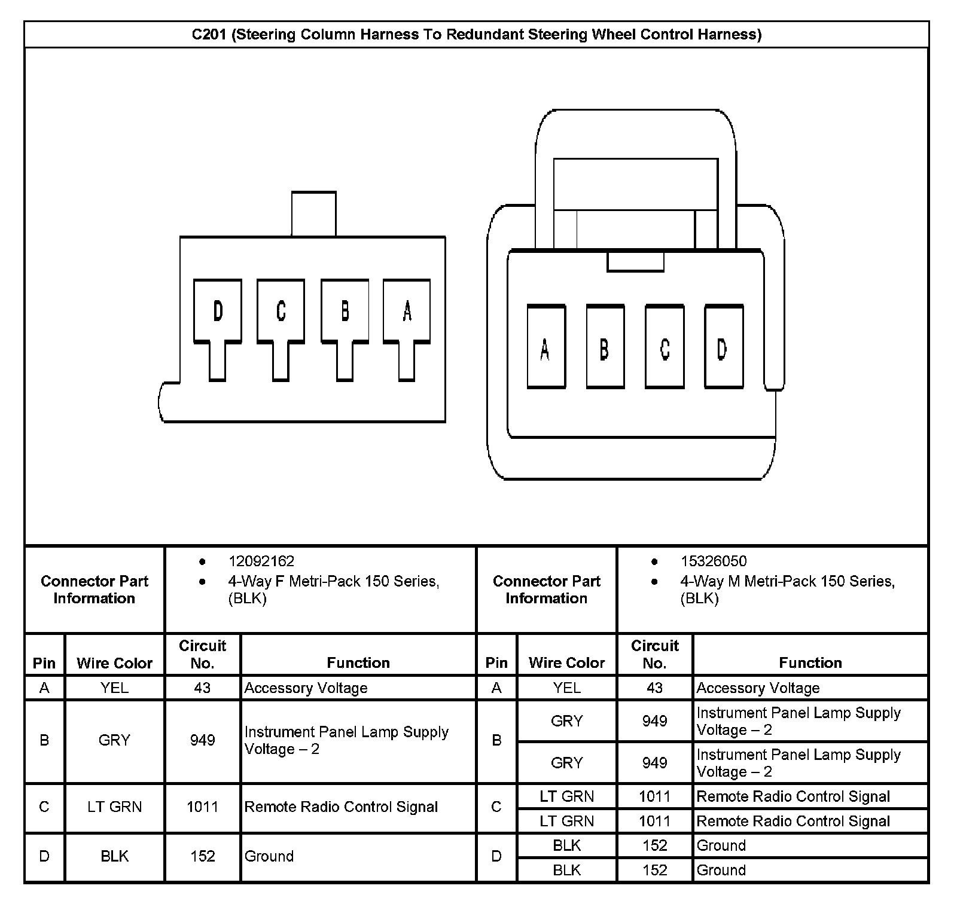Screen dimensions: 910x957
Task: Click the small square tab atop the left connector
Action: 314,213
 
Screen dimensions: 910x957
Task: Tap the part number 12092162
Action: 261,561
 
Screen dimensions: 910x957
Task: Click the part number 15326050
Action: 714,561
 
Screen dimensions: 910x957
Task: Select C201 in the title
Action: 209,35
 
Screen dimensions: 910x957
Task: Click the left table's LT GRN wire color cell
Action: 115,807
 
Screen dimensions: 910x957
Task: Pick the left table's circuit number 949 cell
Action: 202,740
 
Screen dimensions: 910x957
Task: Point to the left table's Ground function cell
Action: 269,856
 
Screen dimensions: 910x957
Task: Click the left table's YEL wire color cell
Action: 115,688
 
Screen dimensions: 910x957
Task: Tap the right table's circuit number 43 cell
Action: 654,688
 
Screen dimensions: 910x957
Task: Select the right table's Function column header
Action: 810,662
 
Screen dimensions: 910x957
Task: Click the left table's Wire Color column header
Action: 115,662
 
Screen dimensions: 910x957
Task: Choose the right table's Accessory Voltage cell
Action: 758,688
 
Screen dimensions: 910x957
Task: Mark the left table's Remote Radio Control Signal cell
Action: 341,807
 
